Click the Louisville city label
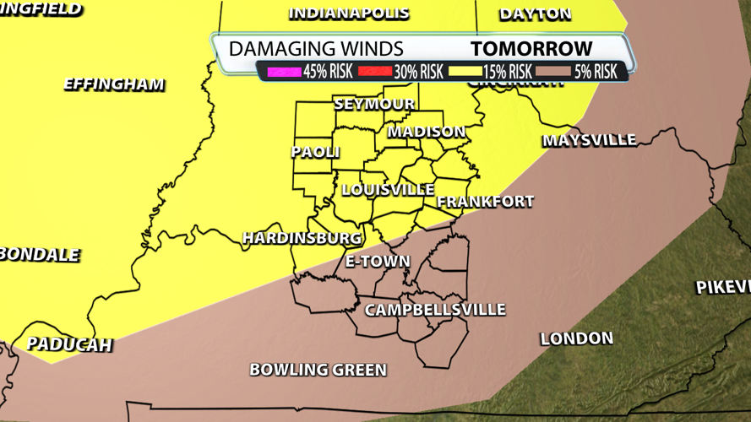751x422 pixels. pos(388,190)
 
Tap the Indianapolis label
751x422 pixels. pos(349,14)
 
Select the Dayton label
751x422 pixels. pos(536,14)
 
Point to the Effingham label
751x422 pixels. pos(114,84)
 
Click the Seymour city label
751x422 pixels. pos(374,104)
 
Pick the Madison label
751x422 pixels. pos(427,132)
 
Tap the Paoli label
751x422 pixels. pos(315,152)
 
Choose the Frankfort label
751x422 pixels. pos(485,202)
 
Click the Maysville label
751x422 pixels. pos(589,140)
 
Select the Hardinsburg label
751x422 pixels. pos(302,238)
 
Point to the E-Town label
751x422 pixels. pos(378,261)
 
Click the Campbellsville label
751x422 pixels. pos(435,310)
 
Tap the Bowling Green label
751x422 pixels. pos(318,370)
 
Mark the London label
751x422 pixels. pos(576,338)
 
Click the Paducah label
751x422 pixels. pos(69,344)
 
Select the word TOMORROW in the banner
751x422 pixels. pos(531,49)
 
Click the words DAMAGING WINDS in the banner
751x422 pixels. pos(316,49)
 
